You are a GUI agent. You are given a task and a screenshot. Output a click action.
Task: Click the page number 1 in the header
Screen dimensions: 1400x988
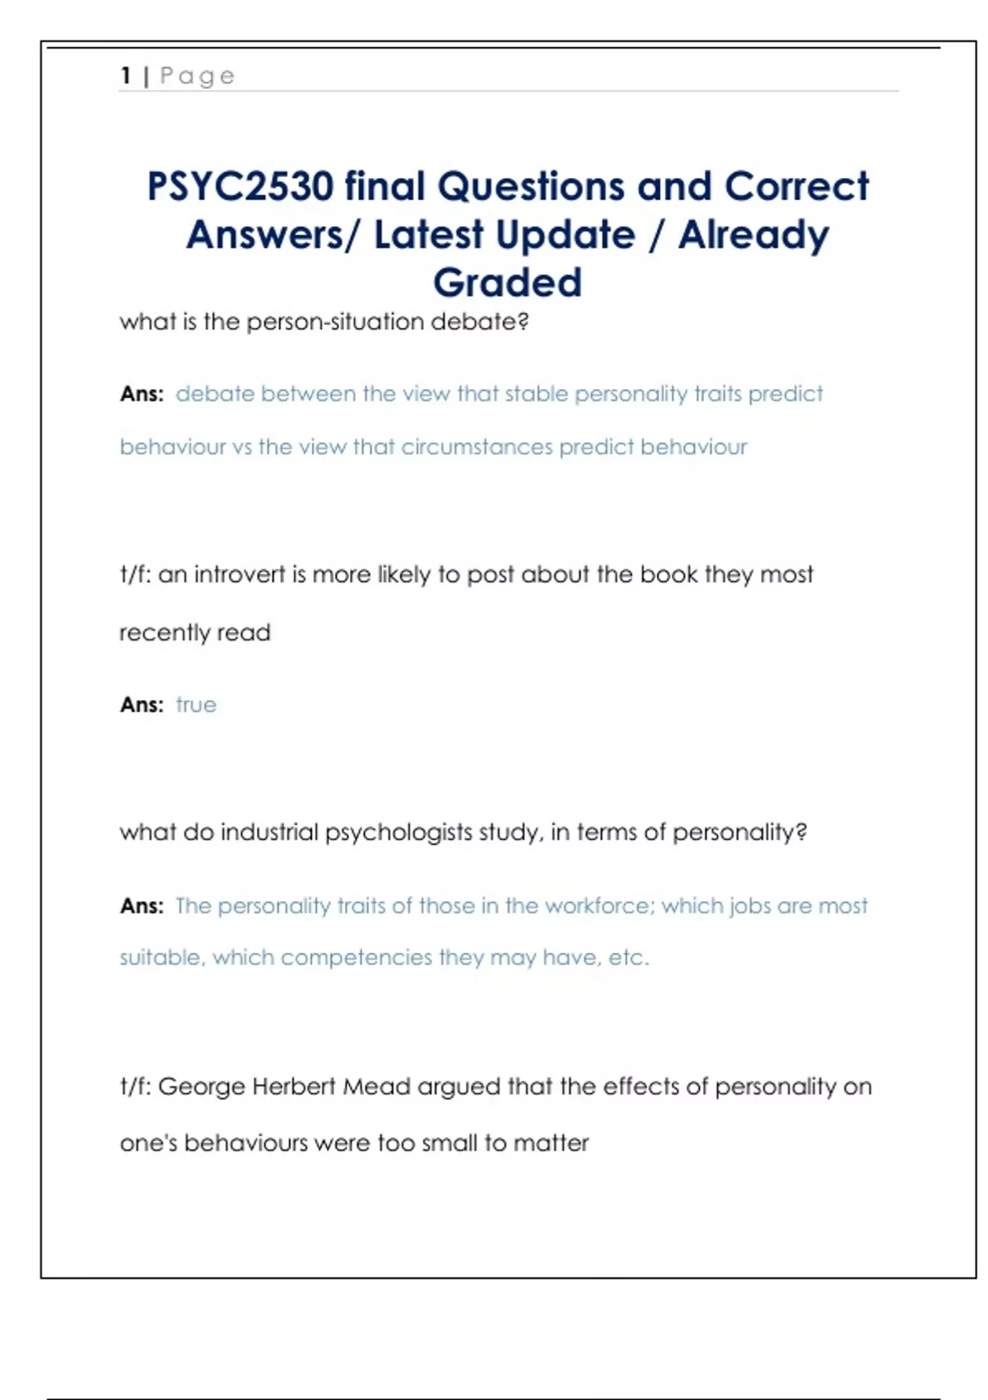tap(126, 76)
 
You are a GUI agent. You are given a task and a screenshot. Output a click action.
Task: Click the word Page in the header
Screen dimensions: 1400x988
tap(198, 77)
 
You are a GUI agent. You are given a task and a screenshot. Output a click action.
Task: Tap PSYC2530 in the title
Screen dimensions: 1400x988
tap(240, 186)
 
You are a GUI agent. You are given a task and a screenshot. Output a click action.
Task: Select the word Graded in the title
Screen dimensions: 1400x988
tap(507, 282)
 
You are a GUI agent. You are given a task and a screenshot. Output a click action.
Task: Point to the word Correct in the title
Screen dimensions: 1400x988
tap(796, 186)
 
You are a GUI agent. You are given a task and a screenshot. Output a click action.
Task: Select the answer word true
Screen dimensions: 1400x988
tap(196, 705)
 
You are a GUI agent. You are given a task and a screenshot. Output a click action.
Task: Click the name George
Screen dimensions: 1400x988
tap(201, 1086)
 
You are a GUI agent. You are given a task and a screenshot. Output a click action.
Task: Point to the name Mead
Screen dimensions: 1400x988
tap(376, 1086)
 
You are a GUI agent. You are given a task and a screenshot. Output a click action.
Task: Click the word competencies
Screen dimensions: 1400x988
tap(356, 958)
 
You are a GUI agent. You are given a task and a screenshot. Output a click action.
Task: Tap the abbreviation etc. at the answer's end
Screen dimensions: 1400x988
tap(628, 958)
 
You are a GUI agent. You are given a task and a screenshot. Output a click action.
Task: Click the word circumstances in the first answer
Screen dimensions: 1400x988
tap(477, 447)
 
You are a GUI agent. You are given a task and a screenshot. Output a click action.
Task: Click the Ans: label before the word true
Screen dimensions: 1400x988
tap(142, 705)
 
